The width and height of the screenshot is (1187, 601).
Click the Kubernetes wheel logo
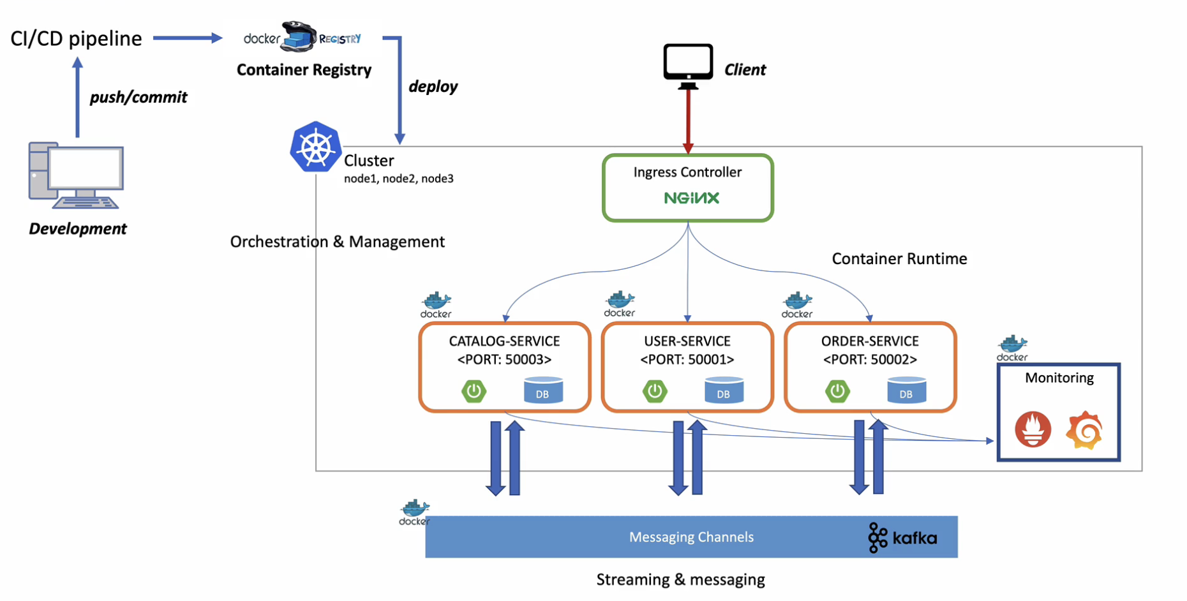(x=315, y=147)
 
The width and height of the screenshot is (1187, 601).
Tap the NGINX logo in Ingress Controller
(x=691, y=198)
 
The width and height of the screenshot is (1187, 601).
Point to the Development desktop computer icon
(x=76, y=175)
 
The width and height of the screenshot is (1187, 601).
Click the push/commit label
(x=138, y=97)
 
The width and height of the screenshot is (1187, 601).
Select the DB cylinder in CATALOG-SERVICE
(x=543, y=390)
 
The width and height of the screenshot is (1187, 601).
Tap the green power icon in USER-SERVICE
(x=655, y=390)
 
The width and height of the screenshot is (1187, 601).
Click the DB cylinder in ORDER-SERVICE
(x=906, y=390)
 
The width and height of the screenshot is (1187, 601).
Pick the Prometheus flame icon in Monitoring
(x=1033, y=429)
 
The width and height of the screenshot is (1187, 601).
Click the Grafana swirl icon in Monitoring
(x=1084, y=430)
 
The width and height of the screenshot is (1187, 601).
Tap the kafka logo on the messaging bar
(x=902, y=538)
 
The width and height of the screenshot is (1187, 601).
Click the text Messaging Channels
(x=691, y=537)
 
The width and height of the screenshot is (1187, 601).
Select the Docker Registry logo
(x=302, y=38)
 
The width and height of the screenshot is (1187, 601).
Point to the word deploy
(x=433, y=86)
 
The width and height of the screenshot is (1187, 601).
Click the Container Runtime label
(x=899, y=258)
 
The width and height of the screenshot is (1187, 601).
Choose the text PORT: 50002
(x=870, y=360)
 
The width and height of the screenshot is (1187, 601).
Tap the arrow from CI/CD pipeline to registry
(x=188, y=38)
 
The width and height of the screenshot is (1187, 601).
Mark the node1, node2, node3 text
(x=398, y=179)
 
